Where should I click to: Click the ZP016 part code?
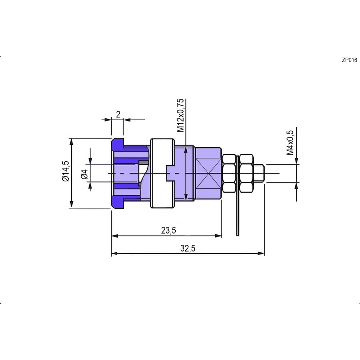click(x=350, y=60)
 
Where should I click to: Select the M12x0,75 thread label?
click(x=181, y=115)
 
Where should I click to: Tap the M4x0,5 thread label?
click(x=290, y=143)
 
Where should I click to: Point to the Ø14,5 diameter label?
click(x=66, y=171)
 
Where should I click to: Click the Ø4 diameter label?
click(x=85, y=174)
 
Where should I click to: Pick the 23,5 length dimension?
click(x=168, y=230)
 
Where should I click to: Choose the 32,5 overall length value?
click(x=188, y=248)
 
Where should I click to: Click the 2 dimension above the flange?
click(x=118, y=114)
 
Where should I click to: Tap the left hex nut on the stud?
click(x=229, y=173)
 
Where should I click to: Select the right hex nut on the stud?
click(x=246, y=173)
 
